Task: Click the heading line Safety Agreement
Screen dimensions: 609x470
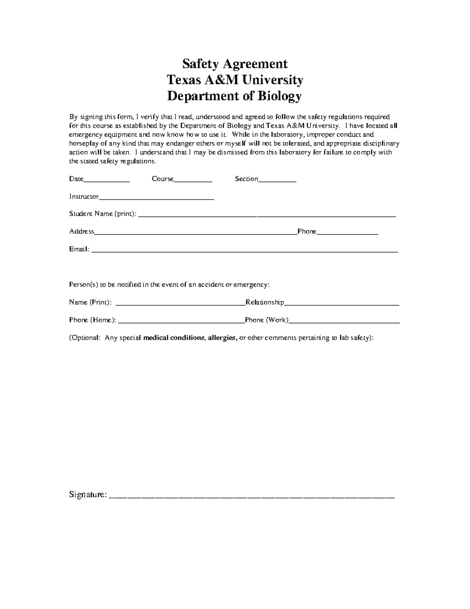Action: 235,64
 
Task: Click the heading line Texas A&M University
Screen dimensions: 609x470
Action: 235,80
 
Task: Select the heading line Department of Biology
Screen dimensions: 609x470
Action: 235,96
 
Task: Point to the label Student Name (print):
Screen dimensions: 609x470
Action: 103,214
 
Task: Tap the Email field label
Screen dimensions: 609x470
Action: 79,249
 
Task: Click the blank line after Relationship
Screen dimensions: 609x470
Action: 342,304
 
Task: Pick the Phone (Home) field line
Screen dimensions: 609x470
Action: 181,322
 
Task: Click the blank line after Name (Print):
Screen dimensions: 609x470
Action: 181,304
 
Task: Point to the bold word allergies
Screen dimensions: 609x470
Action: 222,338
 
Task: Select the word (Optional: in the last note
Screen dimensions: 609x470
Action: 85,338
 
